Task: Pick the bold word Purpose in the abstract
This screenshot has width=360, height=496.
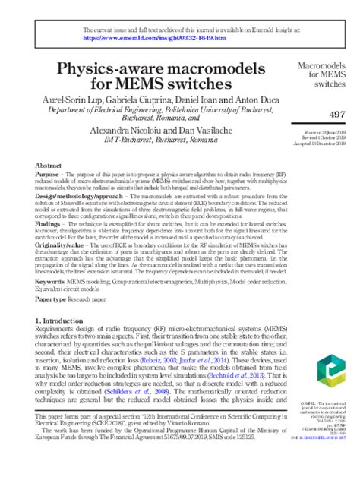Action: [49, 175]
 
